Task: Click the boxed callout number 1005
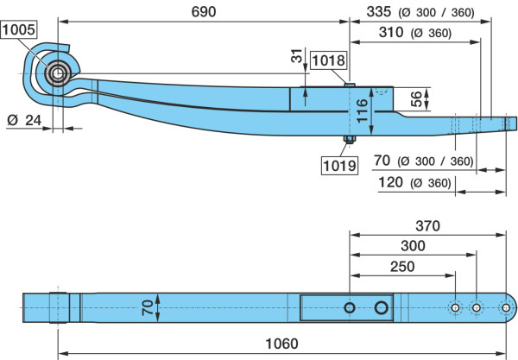point(18,29)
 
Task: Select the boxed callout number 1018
point(328,60)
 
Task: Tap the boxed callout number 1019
point(339,166)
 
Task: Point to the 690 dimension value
point(204,12)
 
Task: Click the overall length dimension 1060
point(281,344)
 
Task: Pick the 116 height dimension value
point(362,111)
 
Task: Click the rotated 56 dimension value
point(417,99)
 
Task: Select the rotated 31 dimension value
point(297,55)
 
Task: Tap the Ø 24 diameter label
point(24,120)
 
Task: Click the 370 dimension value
point(428,226)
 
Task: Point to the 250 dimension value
point(402,267)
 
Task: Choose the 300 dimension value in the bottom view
point(413,246)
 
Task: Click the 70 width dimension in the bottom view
point(148,307)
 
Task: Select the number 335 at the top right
point(379,12)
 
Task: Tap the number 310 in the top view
point(391,32)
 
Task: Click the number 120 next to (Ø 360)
point(390,182)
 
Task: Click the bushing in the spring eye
point(58,73)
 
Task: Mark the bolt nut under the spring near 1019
point(349,139)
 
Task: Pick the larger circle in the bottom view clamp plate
point(382,308)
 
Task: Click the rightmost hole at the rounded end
point(505,308)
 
